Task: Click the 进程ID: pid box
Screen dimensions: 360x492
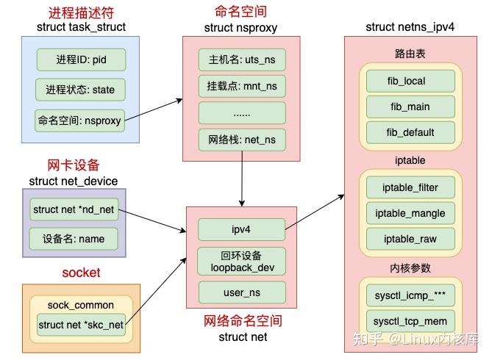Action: point(80,60)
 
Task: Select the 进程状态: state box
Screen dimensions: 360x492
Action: point(80,90)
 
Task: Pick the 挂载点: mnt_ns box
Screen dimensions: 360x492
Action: point(241,86)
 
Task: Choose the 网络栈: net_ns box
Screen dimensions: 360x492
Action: point(241,139)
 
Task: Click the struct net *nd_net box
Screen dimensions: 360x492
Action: point(74,209)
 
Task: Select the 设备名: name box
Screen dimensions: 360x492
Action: point(74,238)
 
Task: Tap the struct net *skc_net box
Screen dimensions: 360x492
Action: point(81,325)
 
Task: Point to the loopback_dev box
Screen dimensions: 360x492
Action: point(241,262)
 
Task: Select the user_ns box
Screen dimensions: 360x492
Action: point(241,293)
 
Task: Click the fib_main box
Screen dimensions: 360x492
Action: point(410,107)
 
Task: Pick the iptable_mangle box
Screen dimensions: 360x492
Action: point(410,213)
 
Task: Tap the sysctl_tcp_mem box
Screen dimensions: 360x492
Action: point(410,321)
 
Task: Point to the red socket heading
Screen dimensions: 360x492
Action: point(80,273)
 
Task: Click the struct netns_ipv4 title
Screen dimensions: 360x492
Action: point(410,27)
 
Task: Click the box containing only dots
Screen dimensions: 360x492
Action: point(241,112)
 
